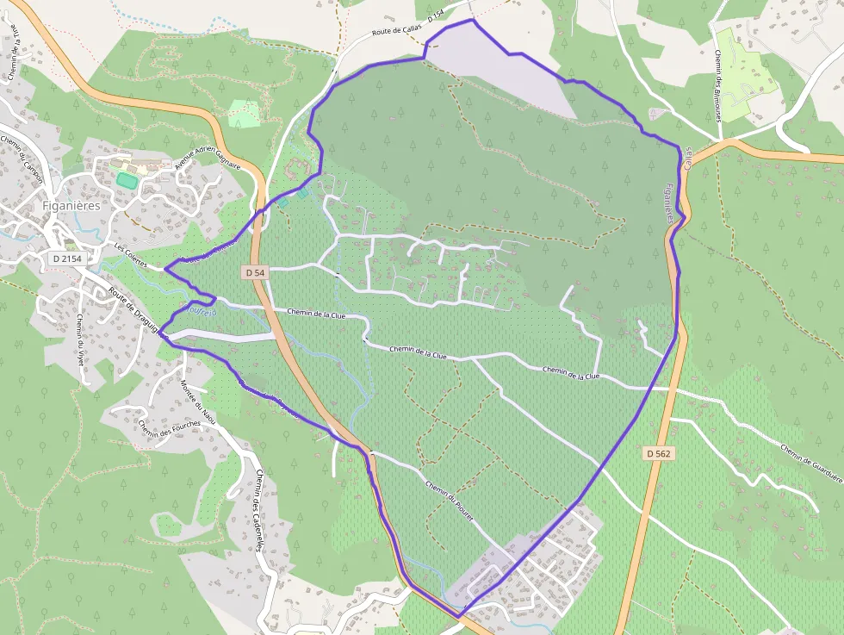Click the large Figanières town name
(71, 206)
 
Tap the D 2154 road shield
(66, 258)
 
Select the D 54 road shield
(255, 272)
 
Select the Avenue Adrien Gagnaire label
(208, 159)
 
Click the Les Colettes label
(131, 253)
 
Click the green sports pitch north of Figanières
(127, 181)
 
